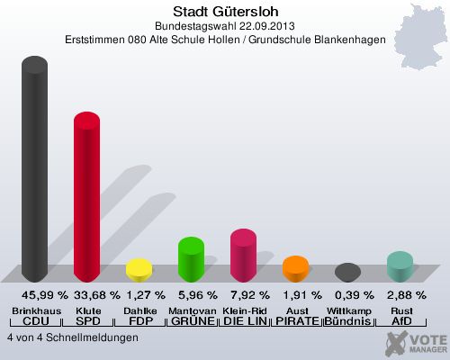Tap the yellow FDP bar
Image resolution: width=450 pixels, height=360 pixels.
(x=139, y=269)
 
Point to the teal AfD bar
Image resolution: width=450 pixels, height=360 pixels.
(x=400, y=266)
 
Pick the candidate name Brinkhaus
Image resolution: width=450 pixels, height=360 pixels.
(x=35, y=310)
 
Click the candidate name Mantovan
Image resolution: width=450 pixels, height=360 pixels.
(x=191, y=310)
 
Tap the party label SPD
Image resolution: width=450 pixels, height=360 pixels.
(x=86, y=321)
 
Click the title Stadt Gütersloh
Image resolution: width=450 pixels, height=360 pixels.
(x=225, y=11)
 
